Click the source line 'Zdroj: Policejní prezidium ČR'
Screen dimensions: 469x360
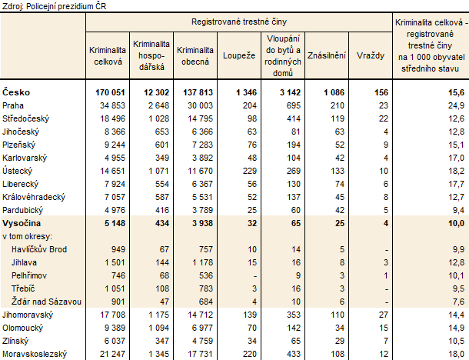(54, 6)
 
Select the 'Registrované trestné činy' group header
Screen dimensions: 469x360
(239, 22)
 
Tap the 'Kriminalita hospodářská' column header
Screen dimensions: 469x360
(151, 55)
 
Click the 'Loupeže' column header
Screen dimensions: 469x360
(239, 55)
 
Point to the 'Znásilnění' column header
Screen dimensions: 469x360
(327, 55)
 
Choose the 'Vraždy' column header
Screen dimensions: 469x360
(371, 55)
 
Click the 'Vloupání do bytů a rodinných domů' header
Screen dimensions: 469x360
(283, 55)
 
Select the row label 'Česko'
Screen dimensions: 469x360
(16, 92)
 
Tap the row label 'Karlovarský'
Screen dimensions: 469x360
(25, 158)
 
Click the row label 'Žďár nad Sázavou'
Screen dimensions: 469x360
(46, 302)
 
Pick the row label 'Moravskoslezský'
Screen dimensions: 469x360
(35, 354)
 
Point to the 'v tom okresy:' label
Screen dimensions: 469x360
(27, 236)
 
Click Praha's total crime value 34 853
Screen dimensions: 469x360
(112, 105)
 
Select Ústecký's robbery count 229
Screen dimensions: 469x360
(250, 171)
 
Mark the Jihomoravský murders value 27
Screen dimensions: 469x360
(384, 315)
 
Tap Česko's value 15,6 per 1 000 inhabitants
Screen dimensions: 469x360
(457, 92)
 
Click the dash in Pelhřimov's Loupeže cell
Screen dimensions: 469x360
(254, 276)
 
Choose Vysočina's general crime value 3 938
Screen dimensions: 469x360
(202, 223)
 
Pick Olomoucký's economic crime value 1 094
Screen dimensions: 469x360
(158, 328)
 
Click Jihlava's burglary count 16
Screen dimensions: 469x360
(296, 262)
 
